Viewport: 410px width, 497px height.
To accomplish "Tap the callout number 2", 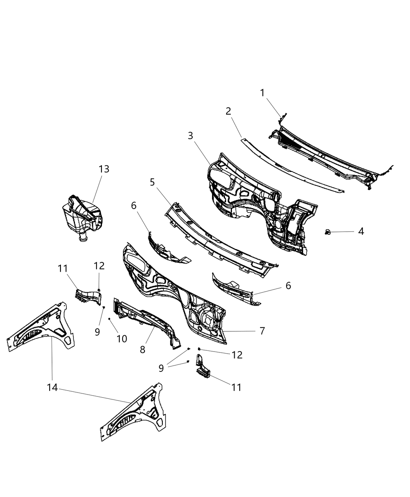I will [x=228, y=111].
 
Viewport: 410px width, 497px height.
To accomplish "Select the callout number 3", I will [x=190, y=136].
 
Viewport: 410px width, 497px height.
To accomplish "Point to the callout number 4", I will [x=361, y=232].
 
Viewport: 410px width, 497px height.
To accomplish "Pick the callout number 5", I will [x=152, y=182].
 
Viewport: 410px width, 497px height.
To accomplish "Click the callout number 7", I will [x=262, y=331].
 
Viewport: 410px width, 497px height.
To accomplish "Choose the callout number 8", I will [x=143, y=350].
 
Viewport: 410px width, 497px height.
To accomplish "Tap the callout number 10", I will [x=122, y=339].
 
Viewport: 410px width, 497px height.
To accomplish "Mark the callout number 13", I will [x=104, y=169].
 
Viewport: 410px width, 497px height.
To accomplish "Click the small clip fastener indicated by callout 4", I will [x=327, y=232].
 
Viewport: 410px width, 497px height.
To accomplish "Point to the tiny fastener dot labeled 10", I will [x=109, y=319].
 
